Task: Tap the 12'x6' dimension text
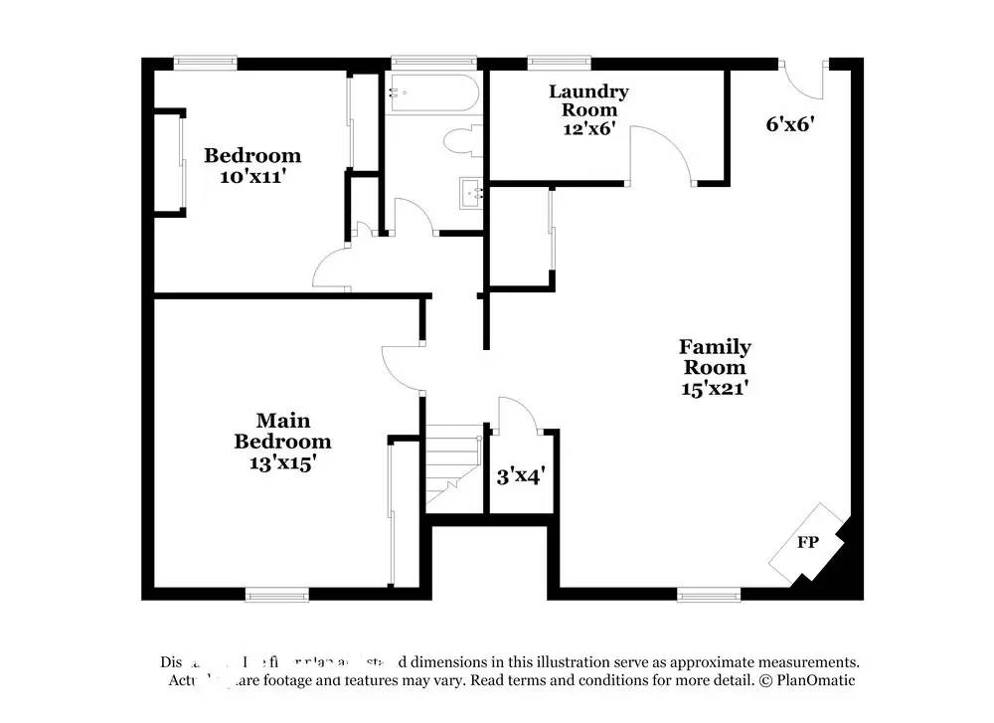point(588,127)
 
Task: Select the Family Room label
point(715,356)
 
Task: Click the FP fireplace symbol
point(807,543)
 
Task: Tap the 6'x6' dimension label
point(790,124)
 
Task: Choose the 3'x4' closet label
point(519,476)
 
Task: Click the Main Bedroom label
point(281,431)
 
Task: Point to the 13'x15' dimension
point(281,462)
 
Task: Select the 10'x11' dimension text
point(252,176)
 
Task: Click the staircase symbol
point(454,467)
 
